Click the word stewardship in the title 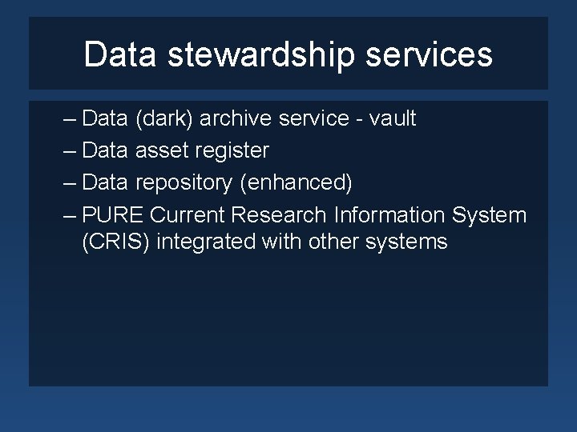[x=261, y=55]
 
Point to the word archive [x=235, y=119]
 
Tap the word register [x=232, y=150]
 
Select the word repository [x=184, y=183]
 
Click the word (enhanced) [x=296, y=183]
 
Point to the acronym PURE [x=113, y=215]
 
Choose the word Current [x=188, y=215]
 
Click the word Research [x=280, y=215]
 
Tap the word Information [x=390, y=215]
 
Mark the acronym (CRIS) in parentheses [x=116, y=242]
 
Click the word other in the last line [x=332, y=242]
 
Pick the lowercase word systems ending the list [x=406, y=242]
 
